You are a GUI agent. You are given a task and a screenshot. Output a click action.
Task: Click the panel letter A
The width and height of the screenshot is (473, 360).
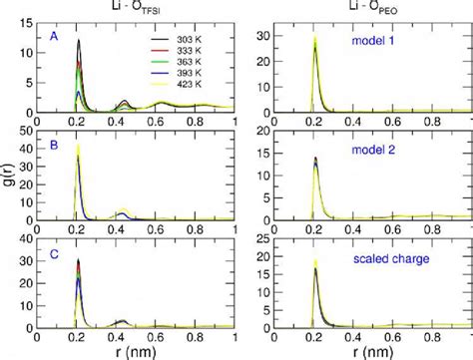click(x=53, y=36)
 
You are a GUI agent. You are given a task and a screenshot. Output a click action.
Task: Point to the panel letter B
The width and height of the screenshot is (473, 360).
click(x=53, y=144)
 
